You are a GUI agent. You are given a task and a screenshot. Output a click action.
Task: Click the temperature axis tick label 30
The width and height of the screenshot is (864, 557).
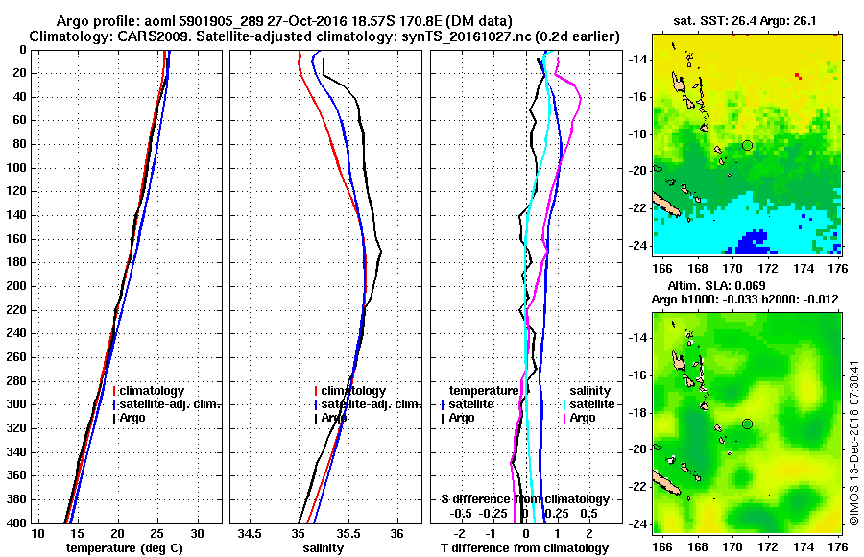tap(197, 533)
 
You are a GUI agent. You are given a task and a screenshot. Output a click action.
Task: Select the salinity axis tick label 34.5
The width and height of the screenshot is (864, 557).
tap(252, 533)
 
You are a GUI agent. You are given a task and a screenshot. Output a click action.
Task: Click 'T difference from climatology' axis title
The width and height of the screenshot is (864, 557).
tap(525, 547)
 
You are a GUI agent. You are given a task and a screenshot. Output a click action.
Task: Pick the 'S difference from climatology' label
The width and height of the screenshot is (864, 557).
tap(525, 499)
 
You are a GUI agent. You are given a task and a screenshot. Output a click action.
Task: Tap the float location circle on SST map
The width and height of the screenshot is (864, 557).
tap(747, 145)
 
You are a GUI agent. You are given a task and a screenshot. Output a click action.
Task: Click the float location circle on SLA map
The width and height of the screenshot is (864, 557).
tap(747, 424)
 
